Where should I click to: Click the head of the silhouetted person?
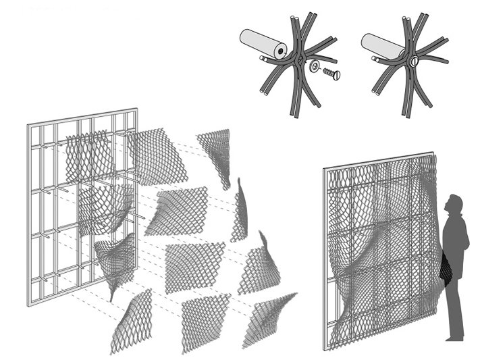coord(456,204)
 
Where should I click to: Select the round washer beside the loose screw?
coord(315,67)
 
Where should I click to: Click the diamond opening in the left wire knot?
coord(295,62)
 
